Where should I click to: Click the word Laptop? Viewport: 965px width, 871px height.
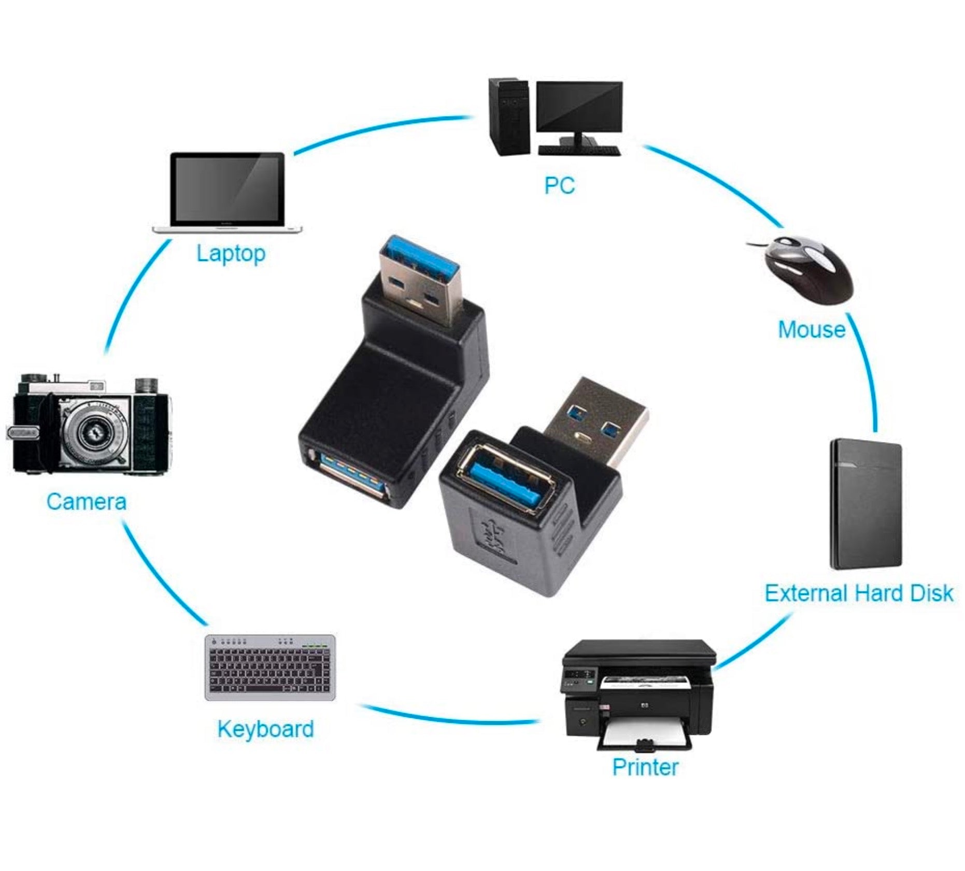pos(231,254)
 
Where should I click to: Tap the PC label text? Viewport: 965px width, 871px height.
pos(559,185)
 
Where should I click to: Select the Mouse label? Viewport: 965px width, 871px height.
pos(811,330)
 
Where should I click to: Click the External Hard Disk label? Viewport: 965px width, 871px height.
pos(859,593)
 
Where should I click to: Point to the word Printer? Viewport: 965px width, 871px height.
pos(645,767)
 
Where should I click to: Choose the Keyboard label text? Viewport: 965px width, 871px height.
pos(265,729)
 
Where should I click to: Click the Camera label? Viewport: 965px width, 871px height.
pos(86,502)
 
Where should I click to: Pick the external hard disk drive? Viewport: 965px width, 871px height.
pos(865,504)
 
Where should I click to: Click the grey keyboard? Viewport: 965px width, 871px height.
pos(270,667)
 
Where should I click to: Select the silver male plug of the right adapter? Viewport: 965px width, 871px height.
pos(596,419)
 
